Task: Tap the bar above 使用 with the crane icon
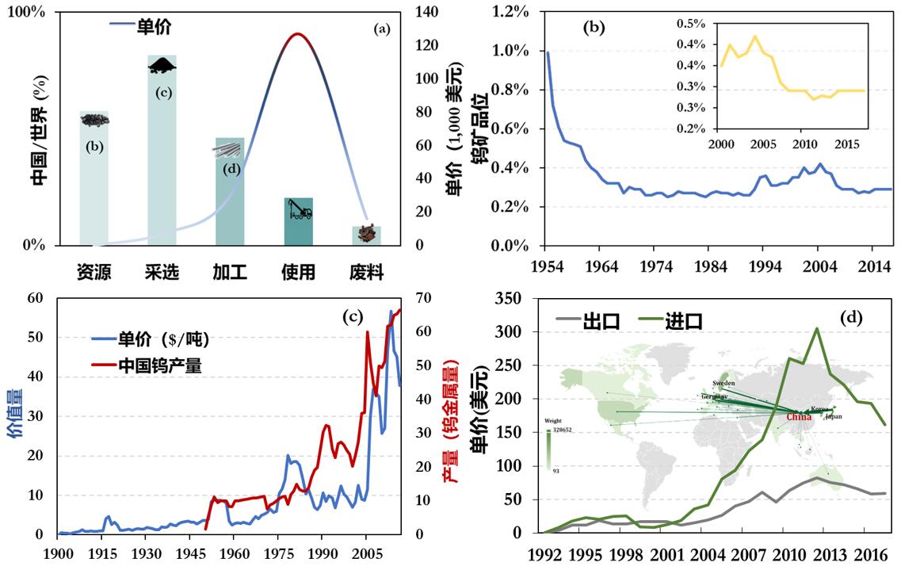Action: coord(298,221)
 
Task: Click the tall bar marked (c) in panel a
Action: coord(162,151)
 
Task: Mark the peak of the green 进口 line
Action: coord(816,328)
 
